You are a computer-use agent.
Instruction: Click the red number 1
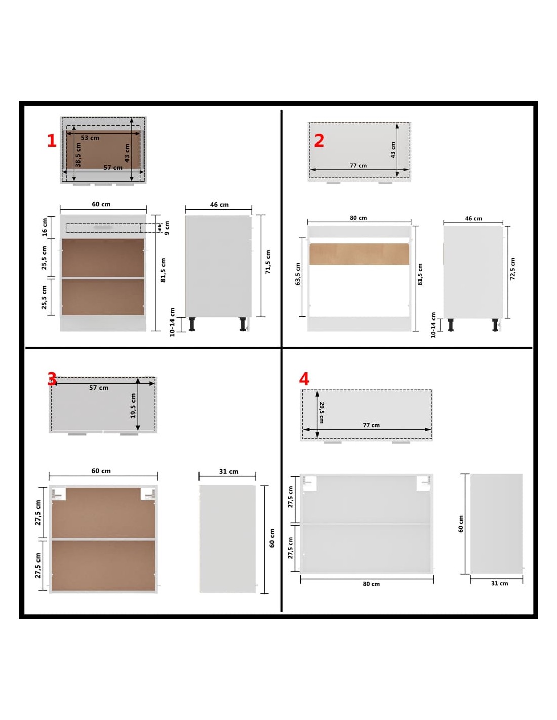pyautogui.click(x=52, y=141)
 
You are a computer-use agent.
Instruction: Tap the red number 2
pyautogui.click(x=319, y=141)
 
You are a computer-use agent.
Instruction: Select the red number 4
pyautogui.click(x=304, y=379)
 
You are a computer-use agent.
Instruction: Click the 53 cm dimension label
pyautogui.click(x=90, y=138)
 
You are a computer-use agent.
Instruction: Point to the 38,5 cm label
pyautogui.click(x=78, y=154)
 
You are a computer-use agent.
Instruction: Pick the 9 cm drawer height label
pyautogui.click(x=167, y=228)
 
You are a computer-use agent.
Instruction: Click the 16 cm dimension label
pyautogui.click(x=45, y=227)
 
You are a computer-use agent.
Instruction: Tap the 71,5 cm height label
pyautogui.click(x=268, y=262)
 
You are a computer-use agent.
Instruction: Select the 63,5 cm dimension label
pyautogui.click(x=298, y=274)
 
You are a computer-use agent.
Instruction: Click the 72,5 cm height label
pyautogui.click(x=512, y=269)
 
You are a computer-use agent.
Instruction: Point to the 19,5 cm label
pyautogui.click(x=133, y=406)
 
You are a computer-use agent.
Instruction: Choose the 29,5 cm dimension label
pyautogui.click(x=322, y=412)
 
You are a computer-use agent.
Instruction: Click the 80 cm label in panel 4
pyautogui.click(x=371, y=584)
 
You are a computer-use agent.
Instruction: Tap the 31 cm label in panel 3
pyautogui.click(x=229, y=471)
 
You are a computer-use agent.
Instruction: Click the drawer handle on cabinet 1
pyautogui.click(x=103, y=228)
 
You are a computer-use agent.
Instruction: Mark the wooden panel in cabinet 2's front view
pyautogui.click(x=359, y=254)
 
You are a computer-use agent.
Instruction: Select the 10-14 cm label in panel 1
pyautogui.click(x=172, y=322)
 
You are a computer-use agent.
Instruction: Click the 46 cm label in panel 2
pyautogui.click(x=473, y=218)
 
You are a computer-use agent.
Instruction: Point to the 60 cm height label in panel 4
pyautogui.click(x=461, y=524)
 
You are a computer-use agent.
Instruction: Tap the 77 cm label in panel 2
pyautogui.click(x=358, y=166)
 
